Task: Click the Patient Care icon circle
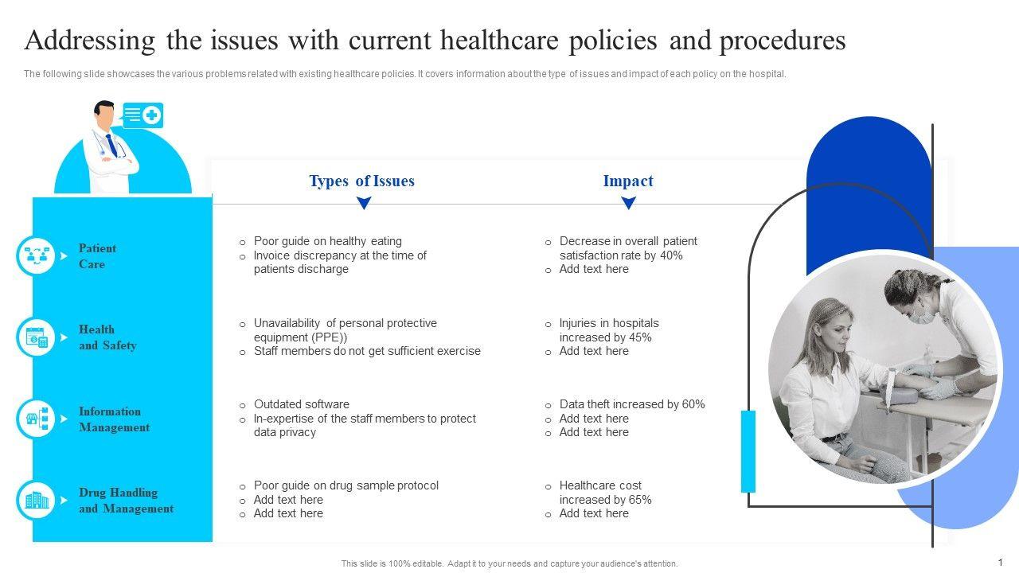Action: click(37, 256)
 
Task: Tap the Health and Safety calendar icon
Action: click(37, 337)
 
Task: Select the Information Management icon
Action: click(37, 419)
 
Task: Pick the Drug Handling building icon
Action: click(37, 501)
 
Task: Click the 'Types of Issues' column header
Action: click(361, 181)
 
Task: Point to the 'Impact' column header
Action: click(628, 181)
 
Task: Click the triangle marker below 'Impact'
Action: click(628, 204)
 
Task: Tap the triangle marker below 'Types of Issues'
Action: click(364, 204)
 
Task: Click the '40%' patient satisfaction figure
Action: click(671, 255)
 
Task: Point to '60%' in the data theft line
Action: click(693, 404)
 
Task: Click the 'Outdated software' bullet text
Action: click(301, 404)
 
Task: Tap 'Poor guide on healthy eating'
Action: click(327, 241)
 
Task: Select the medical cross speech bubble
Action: click(143, 115)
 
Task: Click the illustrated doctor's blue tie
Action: click(111, 146)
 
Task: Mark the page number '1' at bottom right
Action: click(1001, 562)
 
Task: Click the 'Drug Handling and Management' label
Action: click(126, 501)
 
